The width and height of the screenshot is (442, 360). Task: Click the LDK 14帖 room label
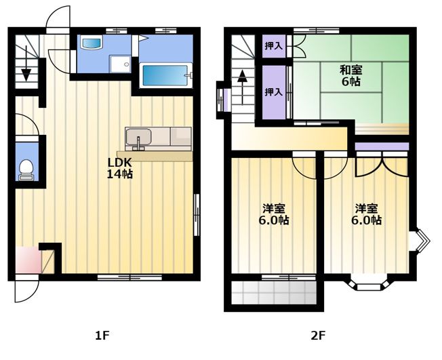(119, 168)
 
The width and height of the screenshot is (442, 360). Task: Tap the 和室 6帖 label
(351, 75)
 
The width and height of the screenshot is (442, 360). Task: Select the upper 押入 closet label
(273, 46)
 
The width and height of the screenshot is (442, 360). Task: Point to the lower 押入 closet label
(273, 92)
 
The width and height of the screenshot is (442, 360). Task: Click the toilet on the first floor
(26, 169)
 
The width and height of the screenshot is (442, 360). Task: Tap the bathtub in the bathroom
(165, 75)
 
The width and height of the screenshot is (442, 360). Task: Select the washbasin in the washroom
(91, 43)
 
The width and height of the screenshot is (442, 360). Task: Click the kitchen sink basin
(138, 138)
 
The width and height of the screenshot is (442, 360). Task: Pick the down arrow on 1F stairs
(26, 64)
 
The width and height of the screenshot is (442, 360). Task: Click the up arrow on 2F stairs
(242, 87)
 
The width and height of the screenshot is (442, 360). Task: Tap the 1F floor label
(102, 336)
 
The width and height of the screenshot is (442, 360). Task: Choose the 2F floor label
(318, 336)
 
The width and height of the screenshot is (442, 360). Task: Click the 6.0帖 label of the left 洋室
(274, 220)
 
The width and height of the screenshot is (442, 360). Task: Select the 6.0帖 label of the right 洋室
(366, 220)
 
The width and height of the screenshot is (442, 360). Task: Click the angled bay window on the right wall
(420, 241)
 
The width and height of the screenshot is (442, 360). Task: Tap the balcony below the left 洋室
(274, 292)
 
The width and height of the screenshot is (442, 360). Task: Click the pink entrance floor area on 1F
(28, 260)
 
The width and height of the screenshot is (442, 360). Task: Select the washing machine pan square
(121, 64)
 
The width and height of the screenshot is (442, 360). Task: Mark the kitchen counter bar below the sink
(155, 156)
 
